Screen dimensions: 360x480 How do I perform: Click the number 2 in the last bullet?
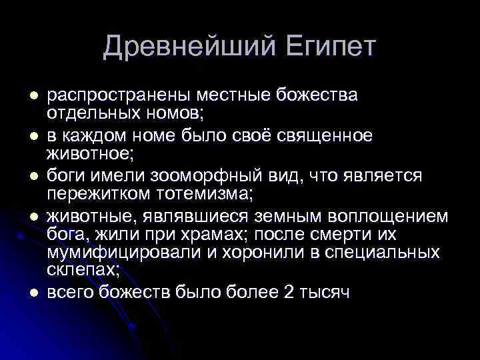point(288,293)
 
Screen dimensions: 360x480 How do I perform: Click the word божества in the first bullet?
point(320,95)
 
